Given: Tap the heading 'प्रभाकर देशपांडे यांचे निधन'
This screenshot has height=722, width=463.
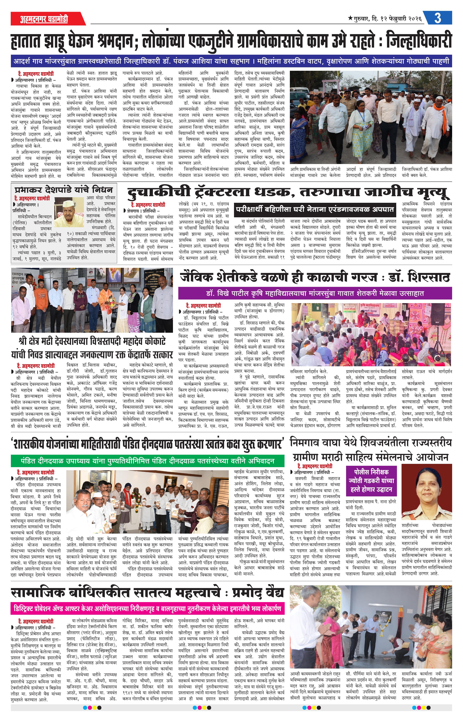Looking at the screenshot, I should (64, 190).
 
